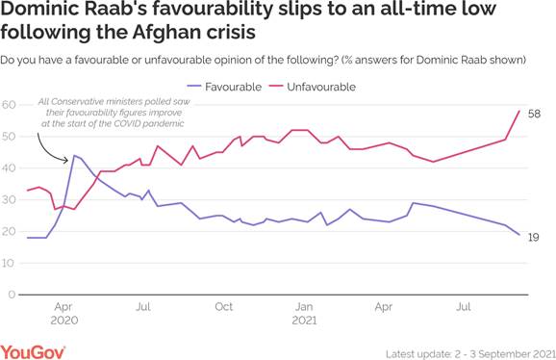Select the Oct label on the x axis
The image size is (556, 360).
tap(223, 307)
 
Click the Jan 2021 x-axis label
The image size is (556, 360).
tap(304, 307)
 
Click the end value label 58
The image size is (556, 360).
tap(535, 114)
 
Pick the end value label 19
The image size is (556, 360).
tap(535, 237)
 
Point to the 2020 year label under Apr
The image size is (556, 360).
tap(63, 321)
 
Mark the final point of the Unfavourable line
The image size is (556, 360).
tap(520, 111)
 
